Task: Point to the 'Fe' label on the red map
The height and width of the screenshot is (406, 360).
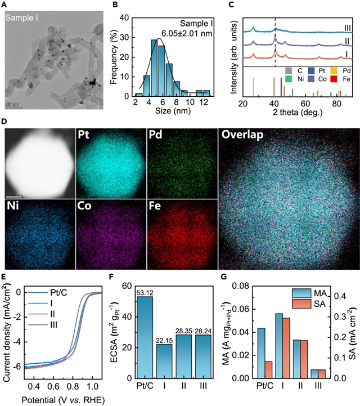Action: click(x=156, y=207)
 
